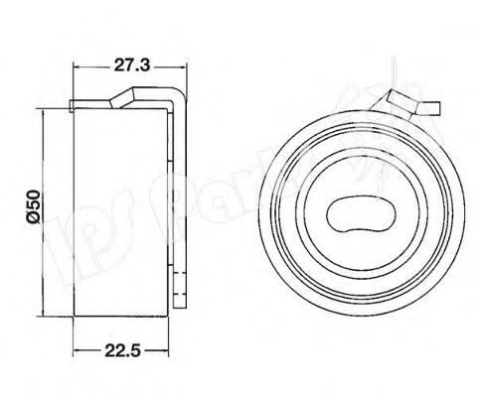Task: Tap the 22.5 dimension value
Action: point(119,348)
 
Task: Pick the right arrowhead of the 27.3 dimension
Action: point(184,77)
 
